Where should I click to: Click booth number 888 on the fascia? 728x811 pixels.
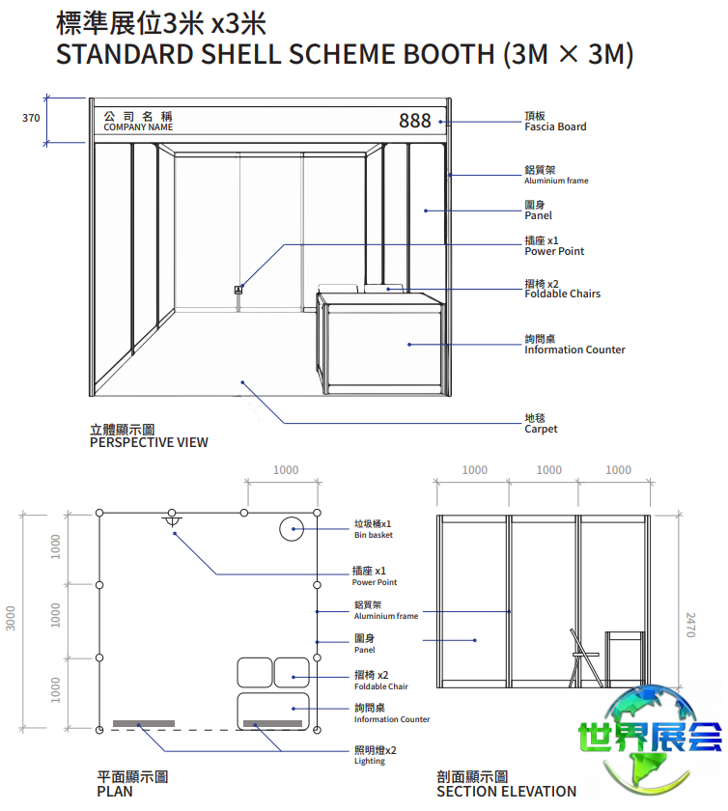pyautogui.click(x=414, y=121)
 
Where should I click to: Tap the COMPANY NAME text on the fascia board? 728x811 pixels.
pyautogui.click(x=138, y=127)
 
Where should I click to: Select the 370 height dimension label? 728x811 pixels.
pyautogui.click(x=31, y=118)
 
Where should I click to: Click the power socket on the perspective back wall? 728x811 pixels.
pyautogui.click(x=238, y=290)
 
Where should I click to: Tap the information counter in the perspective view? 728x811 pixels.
pyautogui.click(x=380, y=343)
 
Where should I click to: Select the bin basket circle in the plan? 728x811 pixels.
pyautogui.click(x=292, y=529)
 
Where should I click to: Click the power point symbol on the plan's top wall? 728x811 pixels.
pyautogui.click(x=172, y=518)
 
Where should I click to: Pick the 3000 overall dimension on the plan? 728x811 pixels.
pyautogui.click(x=11, y=618)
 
